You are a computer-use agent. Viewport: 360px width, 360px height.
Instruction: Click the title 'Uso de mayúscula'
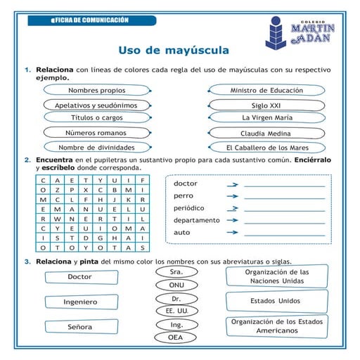pyautogui.click(x=173, y=51)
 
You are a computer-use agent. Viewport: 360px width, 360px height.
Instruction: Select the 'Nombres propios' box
pyautogui.click(x=97, y=91)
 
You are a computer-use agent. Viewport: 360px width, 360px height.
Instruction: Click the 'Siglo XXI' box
pyautogui.click(x=266, y=105)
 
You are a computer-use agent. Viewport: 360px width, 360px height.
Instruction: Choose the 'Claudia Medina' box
pyautogui.click(x=266, y=134)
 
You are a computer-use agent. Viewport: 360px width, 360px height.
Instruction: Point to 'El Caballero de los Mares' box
pyautogui.click(x=267, y=148)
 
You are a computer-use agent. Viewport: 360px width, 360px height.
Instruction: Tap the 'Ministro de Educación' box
pyautogui.click(x=266, y=91)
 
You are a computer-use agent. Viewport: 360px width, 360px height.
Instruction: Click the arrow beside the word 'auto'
pyautogui.click(x=231, y=233)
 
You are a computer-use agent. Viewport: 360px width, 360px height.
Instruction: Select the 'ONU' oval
pyautogui.click(x=176, y=285)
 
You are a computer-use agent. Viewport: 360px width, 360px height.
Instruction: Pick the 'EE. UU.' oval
pyautogui.click(x=176, y=310)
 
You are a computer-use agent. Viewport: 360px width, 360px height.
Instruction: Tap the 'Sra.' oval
pyautogui.click(x=176, y=271)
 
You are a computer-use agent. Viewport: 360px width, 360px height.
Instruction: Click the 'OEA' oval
pyautogui.click(x=176, y=337)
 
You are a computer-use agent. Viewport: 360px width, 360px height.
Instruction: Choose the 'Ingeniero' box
pyautogui.click(x=80, y=302)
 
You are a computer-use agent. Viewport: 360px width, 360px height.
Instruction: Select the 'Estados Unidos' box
pyautogui.click(x=276, y=301)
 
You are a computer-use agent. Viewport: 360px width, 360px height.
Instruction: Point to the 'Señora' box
pyautogui.click(x=80, y=327)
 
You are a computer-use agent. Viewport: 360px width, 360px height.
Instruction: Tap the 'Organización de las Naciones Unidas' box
pyautogui.click(x=276, y=276)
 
